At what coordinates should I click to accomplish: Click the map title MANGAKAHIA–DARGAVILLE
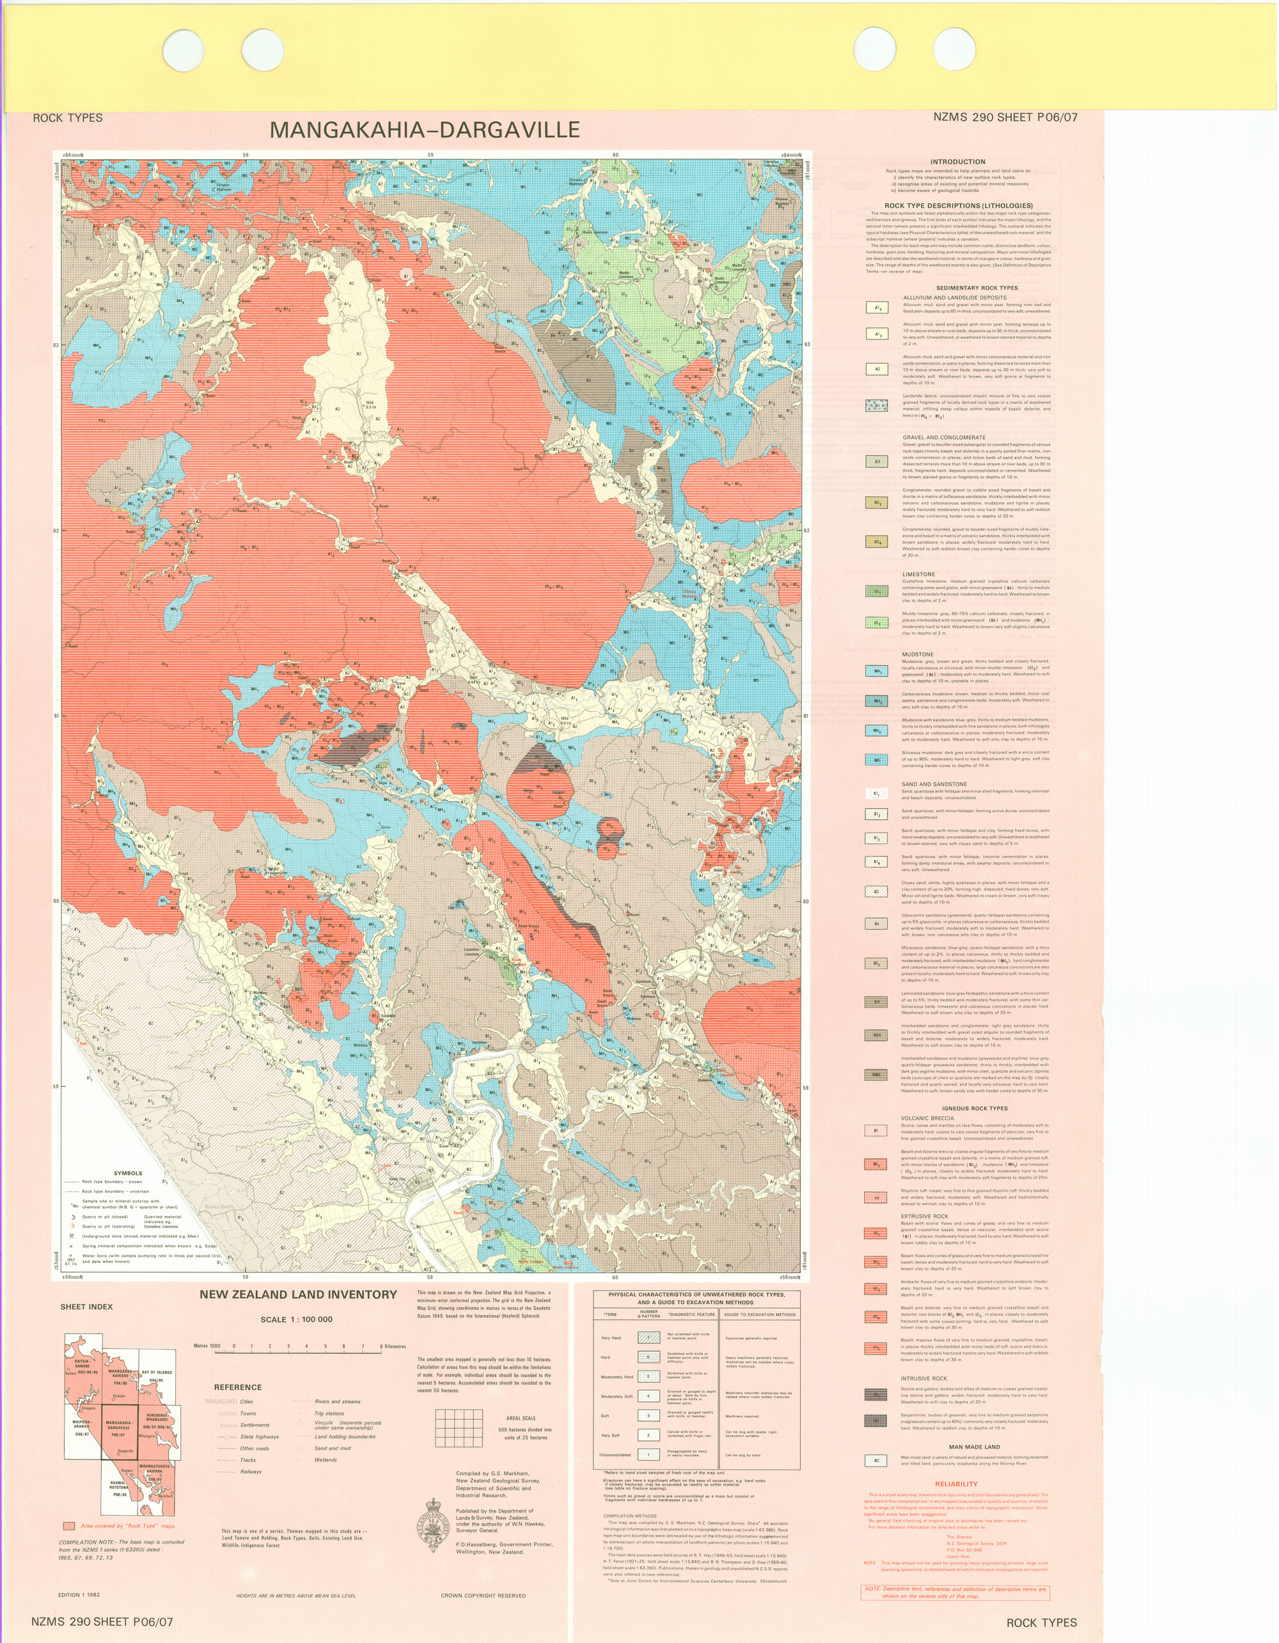tap(425, 130)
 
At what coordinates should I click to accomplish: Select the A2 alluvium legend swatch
tap(877, 370)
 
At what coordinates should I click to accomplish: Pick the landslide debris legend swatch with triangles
tap(877, 405)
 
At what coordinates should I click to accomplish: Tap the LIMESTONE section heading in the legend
tap(918, 574)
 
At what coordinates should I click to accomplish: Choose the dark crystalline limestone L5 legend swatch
tap(877, 591)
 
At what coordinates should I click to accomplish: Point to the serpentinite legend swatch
tap(877, 1421)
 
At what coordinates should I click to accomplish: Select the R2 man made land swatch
tap(877, 1460)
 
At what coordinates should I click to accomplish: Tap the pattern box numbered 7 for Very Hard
tap(648, 1337)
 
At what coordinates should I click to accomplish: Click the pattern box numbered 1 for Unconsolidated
tap(648, 1454)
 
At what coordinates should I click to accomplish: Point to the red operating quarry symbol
tap(73, 1226)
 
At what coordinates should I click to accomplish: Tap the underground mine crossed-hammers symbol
tap(71, 1236)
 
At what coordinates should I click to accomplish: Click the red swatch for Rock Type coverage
tap(69, 1527)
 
